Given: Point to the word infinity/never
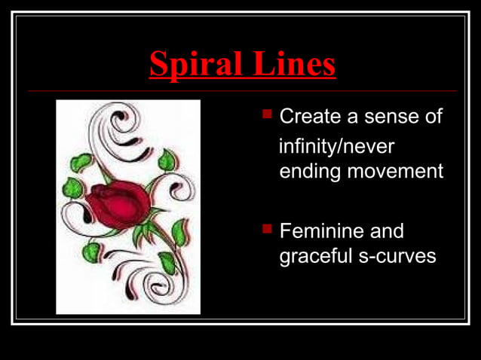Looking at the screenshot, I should pos(337,145).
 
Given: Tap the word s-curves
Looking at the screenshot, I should pos(398,256).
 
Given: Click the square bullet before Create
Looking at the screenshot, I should pos(266,115).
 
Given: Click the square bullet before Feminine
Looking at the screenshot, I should pos(266,227).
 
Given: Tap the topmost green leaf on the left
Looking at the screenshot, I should pos(81,161).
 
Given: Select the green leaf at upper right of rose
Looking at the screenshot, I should pos(167,160).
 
